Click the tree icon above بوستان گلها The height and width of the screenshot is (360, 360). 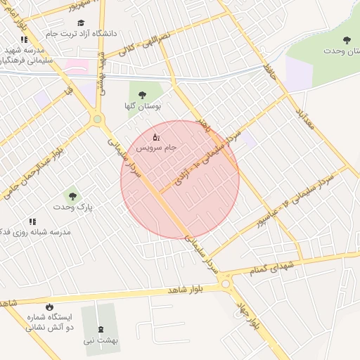[x=143, y=94]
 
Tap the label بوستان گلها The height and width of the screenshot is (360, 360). [x=143, y=106]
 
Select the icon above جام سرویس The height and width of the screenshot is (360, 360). [x=156, y=136]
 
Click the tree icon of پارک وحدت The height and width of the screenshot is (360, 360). [x=71, y=195]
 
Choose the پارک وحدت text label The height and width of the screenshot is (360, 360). [x=72, y=207]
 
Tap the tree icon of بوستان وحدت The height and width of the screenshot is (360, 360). [x=345, y=39]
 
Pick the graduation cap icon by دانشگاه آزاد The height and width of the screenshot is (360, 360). [x=80, y=22]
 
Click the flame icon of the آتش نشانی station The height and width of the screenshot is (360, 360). [x=49, y=306]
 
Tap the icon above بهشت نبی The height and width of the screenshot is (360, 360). [x=100, y=328]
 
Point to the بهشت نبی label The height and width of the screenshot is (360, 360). [x=100, y=340]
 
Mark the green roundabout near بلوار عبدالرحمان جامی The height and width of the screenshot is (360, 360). [x=97, y=120]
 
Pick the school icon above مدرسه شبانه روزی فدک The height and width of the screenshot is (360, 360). [x=33, y=221]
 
